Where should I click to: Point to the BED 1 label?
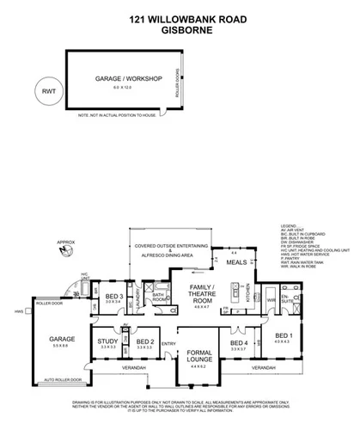coord(307,335)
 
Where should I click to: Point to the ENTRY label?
coord(168,345)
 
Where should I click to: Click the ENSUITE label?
coord(297,303)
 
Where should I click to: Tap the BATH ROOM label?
coord(158,298)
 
